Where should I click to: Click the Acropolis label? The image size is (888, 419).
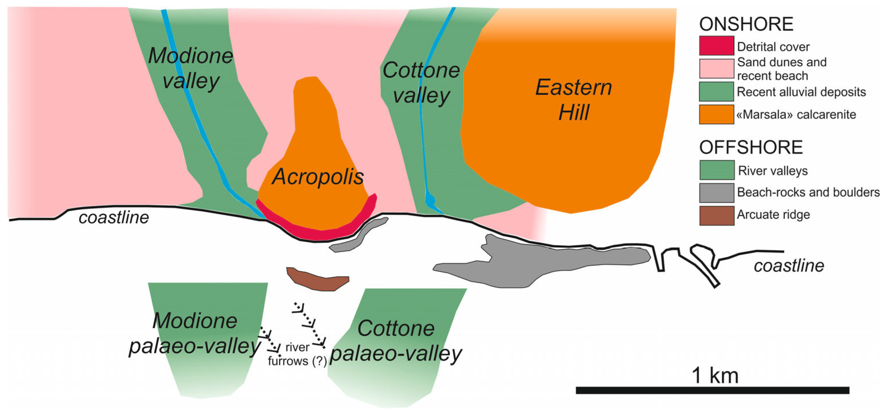point(318,177)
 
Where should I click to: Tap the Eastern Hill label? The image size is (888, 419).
point(573,99)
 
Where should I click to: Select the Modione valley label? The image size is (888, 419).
point(191,68)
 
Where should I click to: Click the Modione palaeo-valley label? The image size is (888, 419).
point(195,333)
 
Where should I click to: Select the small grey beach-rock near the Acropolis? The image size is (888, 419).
point(358,236)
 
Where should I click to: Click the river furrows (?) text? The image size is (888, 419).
point(297,354)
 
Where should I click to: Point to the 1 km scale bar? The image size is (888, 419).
point(712,390)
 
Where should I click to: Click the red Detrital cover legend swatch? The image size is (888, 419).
point(716,45)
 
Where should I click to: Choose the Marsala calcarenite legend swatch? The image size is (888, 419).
point(716,114)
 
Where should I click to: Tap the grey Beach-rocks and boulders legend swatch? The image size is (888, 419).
point(716,192)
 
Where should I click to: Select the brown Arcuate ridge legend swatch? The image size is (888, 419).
point(716,215)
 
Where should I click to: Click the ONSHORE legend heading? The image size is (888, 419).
point(746,24)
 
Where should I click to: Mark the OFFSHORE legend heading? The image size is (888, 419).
point(750,148)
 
